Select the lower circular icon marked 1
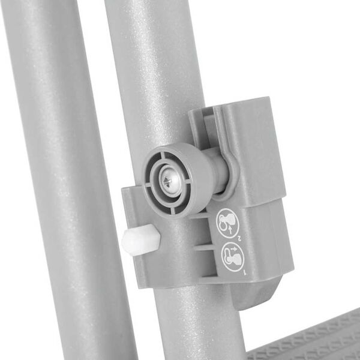tap(230, 256)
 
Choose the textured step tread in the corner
tap(312, 339)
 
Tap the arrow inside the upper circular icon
tap(225, 223)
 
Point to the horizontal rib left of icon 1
tap(204, 247)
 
